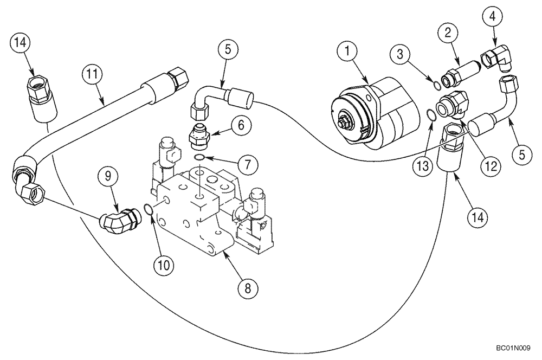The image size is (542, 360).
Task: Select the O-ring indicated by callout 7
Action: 199,158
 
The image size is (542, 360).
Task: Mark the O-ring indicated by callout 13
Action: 430,115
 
